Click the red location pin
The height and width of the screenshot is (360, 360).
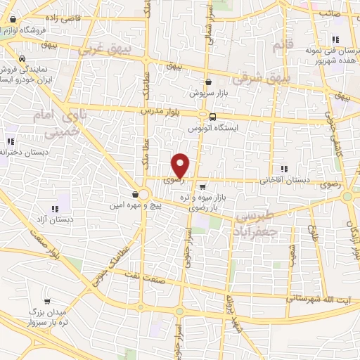(181, 165)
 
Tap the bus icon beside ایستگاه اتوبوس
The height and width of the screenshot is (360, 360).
(203, 117)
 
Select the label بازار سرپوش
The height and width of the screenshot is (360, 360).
(209, 92)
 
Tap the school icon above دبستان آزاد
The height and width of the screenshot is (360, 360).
(55, 208)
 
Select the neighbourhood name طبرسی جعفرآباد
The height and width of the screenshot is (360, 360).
(257, 223)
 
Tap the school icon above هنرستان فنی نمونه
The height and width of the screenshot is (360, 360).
(335, 40)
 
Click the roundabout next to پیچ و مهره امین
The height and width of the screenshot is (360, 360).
(143, 193)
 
